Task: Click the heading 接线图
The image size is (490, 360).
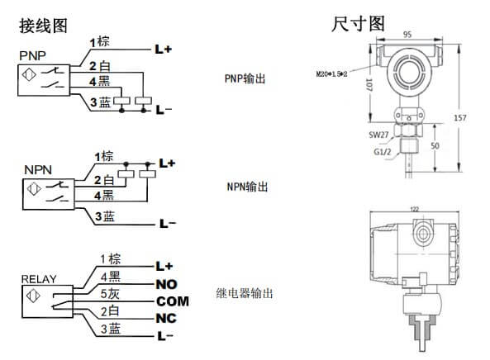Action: click(42, 26)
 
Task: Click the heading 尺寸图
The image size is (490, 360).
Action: click(359, 24)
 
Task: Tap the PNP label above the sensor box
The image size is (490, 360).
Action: click(31, 55)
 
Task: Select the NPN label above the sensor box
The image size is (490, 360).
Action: click(37, 168)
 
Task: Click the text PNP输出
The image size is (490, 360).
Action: click(246, 79)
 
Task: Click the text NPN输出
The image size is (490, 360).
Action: click(246, 187)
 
